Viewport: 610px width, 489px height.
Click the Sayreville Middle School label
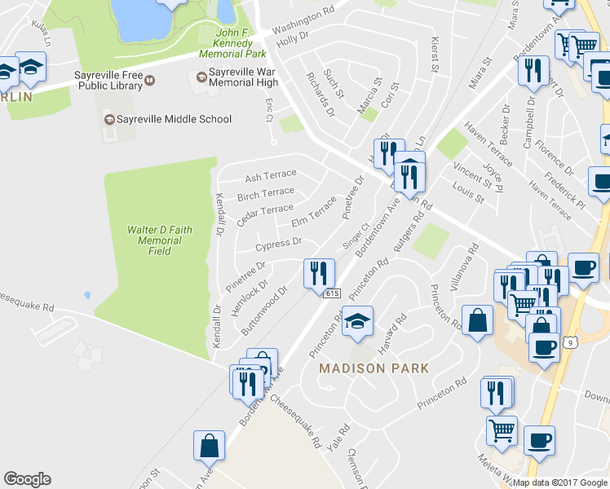pos(174,119)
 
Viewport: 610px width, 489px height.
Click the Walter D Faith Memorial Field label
pos(160,240)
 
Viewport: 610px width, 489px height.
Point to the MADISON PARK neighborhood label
pos(374,368)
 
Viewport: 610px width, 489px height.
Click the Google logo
pos(27,479)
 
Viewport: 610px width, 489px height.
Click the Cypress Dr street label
pos(279,244)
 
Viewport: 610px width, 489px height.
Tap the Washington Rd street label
pos(303,15)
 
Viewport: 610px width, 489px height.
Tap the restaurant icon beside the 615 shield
pos(317,272)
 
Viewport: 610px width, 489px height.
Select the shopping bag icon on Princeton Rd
pos(477,319)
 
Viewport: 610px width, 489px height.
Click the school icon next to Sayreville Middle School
pos(108,119)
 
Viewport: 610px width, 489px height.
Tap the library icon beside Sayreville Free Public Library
pos(150,78)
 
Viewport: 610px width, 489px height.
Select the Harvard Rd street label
pos(393,331)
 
